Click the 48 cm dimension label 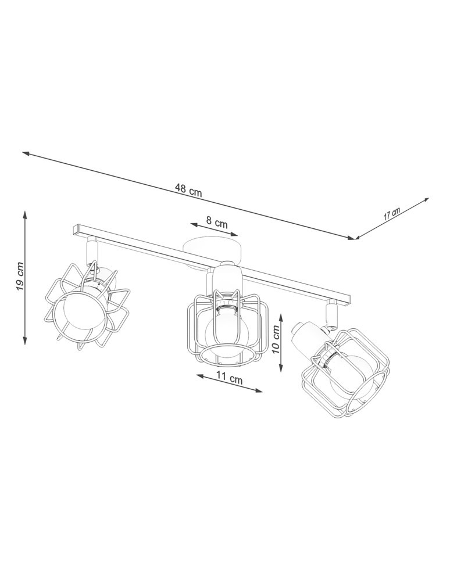tap(188, 189)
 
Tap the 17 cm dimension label tap(392, 213)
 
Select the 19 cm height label tap(19, 277)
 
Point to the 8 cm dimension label tap(217, 223)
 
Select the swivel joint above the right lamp tap(332, 317)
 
